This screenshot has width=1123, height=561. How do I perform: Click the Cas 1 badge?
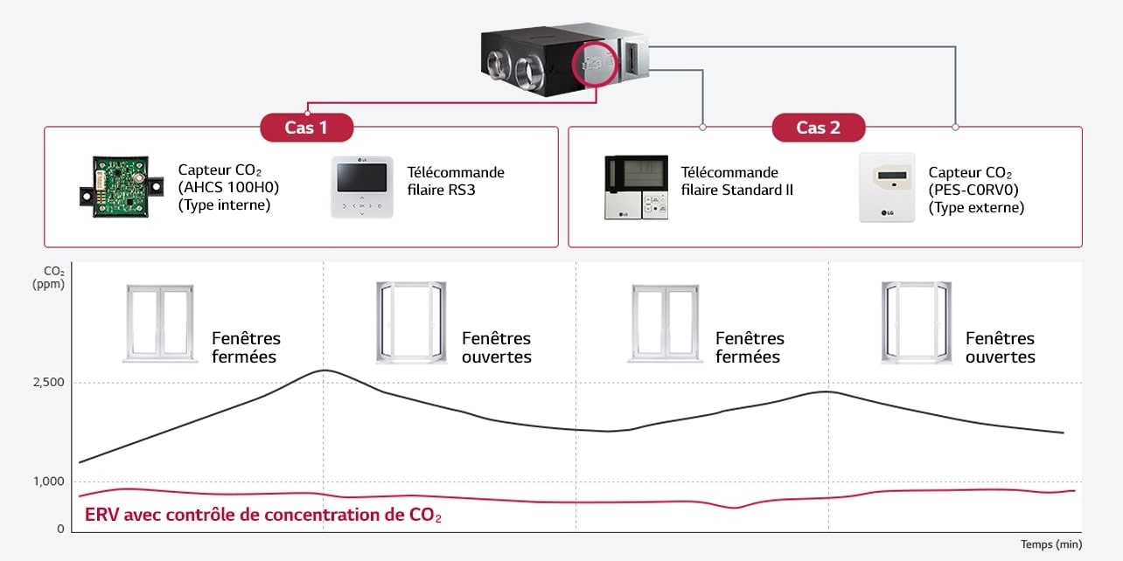point(306,128)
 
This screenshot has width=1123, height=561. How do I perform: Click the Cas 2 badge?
point(818,128)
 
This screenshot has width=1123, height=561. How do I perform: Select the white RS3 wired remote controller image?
point(362,187)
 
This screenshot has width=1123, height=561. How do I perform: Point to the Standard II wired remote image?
point(637,187)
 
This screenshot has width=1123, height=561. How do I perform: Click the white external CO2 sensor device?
point(887,187)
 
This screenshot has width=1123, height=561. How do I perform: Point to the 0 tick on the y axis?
point(60,529)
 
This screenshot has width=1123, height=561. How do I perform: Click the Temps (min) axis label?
point(1050,544)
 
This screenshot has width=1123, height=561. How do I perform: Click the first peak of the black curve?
point(324,371)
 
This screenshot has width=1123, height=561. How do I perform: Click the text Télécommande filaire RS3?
point(456,181)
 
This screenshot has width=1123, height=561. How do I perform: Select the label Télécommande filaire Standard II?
point(736,181)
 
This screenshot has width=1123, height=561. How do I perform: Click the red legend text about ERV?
point(262,515)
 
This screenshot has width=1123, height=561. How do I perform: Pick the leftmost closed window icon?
point(158,322)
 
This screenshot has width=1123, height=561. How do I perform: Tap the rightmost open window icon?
point(916,322)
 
